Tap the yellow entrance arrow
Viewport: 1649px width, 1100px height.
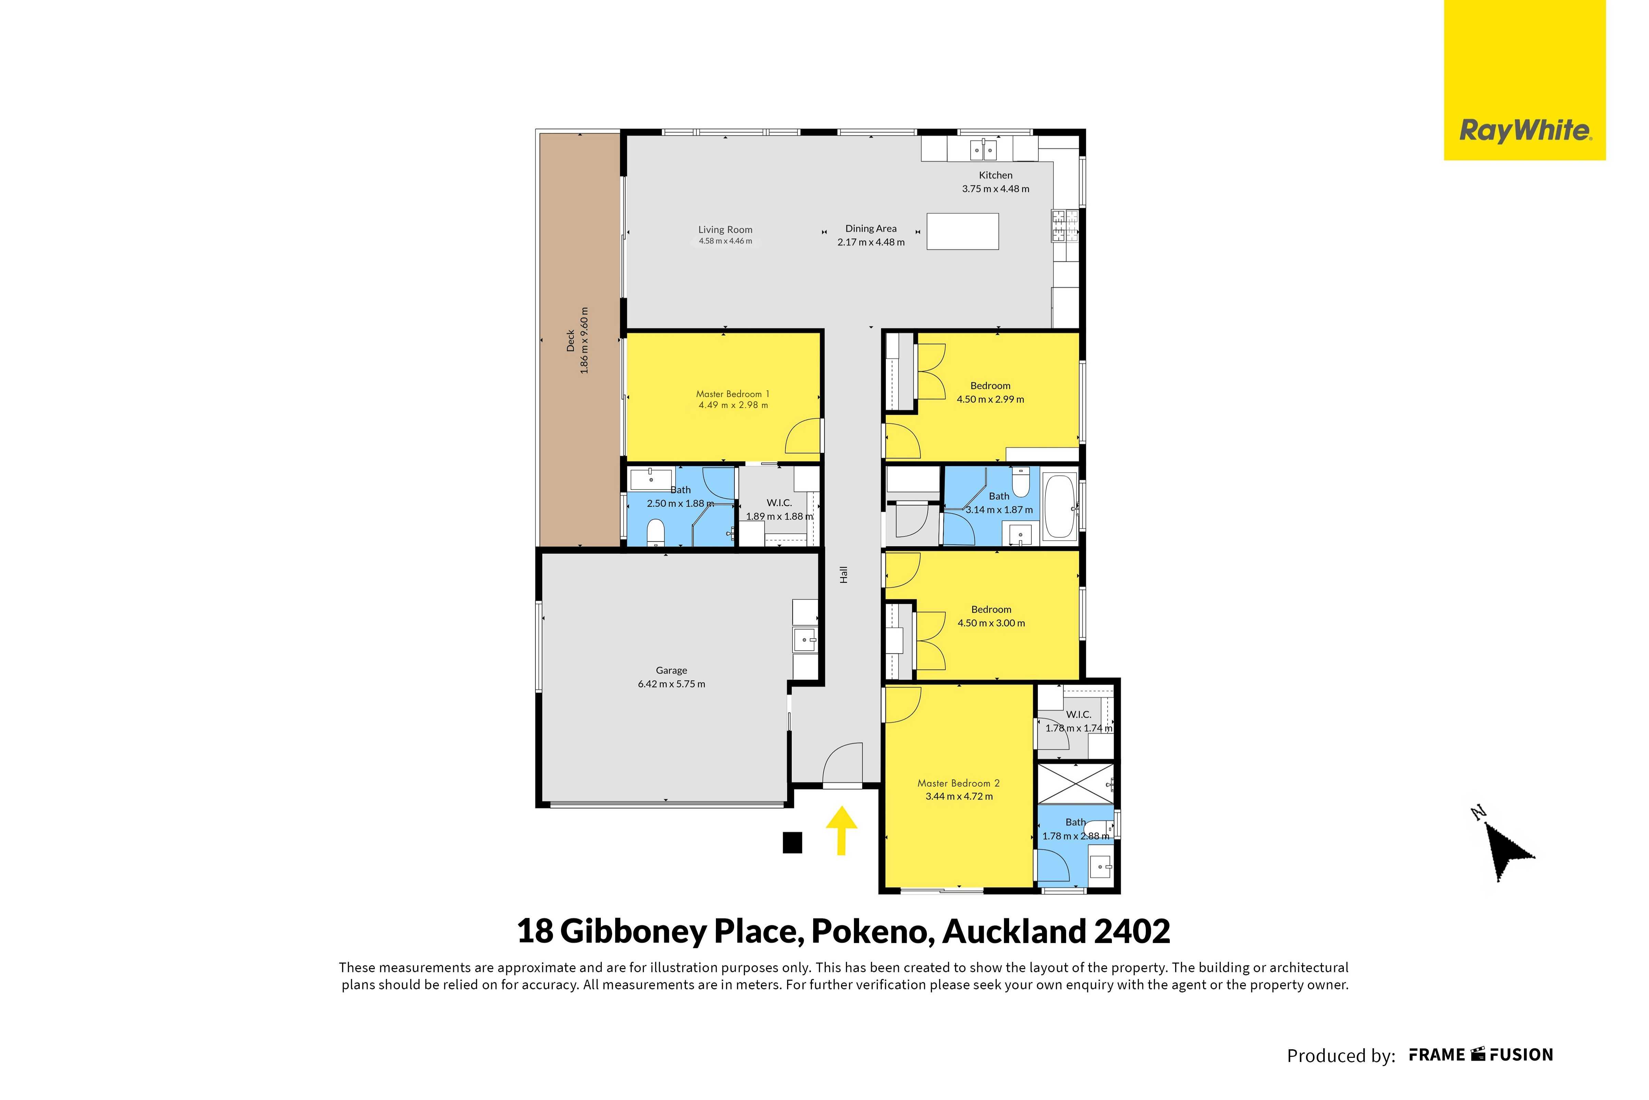click(841, 831)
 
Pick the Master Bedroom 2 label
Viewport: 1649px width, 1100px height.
click(958, 783)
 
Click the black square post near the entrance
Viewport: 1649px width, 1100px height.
click(792, 842)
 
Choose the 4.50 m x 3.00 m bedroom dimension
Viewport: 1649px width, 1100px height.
click(991, 623)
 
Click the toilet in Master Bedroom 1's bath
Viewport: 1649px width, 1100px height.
click(655, 532)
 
